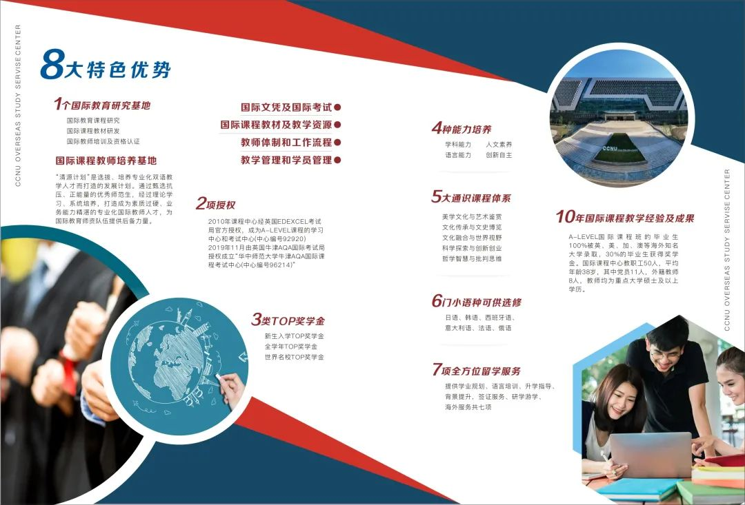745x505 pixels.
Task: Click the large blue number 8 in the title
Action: pyautogui.click(x=52, y=64)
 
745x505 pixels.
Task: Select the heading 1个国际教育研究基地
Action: pyautogui.click(x=102, y=105)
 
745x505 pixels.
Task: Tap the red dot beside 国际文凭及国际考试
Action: pyautogui.click(x=337, y=107)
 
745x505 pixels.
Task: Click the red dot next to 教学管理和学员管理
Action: pyautogui.click(x=337, y=160)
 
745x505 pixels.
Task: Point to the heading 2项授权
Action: pyautogui.click(x=216, y=204)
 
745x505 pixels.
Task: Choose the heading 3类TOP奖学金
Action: pyautogui.click(x=288, y=320)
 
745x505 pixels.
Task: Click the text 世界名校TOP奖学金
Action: pyautogui.click(x=294, y=357)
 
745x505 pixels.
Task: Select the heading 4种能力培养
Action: pyautogui.click(x=461, y=128)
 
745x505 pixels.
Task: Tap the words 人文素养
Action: pyautogui.click(x=499, y=144)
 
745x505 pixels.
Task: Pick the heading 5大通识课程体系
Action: pyautogui.click(x=471, y=197)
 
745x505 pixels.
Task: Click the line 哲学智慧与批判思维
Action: pyautogui.click(x=472, y=258)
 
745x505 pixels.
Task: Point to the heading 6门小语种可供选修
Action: pyautogui.click(x=477, y=301)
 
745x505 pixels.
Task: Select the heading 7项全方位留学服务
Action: pyautogui.click(x=477, y=370)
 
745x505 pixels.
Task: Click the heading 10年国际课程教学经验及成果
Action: pyautogui.click(x=625, y=218)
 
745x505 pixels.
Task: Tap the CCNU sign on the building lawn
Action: pyautogui.click(x=610, y=149)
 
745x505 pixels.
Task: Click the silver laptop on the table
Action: pyautogui.click(x=650, y=455)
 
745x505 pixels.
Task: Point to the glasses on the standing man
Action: pyautogui.click(x=666, y=355)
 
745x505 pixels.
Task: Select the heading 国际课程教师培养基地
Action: pyautogui.click(x=106, y=161)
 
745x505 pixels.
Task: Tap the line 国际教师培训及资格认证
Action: pyautogui.click(x=103, y=141)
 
